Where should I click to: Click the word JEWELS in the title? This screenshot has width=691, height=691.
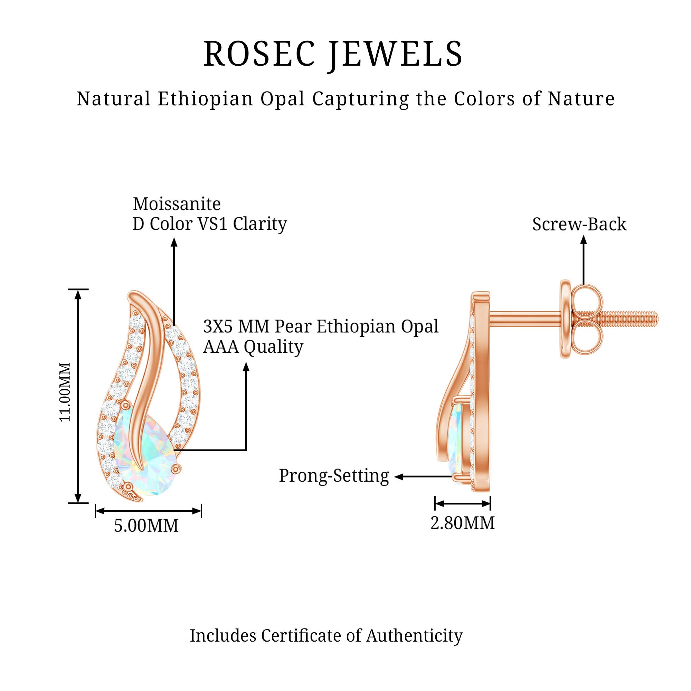[x=396, y=54]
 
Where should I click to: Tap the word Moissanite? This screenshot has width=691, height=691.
[x=177, y=204]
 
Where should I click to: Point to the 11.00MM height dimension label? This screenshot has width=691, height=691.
[x=65, y=392]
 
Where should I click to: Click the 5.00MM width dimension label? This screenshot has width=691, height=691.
[x=146, y=526]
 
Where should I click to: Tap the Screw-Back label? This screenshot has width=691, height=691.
[x=579, y=225]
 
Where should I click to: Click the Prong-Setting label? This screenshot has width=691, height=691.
[x=334, y=476]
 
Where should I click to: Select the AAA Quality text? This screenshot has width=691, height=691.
[x=253, y=347]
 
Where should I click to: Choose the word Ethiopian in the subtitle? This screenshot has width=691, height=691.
[x=205, y=99]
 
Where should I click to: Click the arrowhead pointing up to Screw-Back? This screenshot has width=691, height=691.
[x=583, y=240]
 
